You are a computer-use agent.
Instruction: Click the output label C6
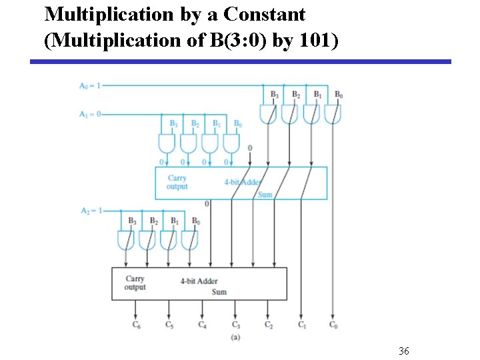click(x=137, y=325)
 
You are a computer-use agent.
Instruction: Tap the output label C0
click(x=333, y=325)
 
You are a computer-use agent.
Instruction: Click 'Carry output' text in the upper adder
click(x=177, y=182)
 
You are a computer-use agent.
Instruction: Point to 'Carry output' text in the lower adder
click(x=135, y=283)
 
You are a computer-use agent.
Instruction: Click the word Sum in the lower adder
click(x=219, y=292)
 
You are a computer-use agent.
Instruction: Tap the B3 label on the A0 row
click(x=274, y=95)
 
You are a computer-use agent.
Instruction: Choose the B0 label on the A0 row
click(x=339, y=95)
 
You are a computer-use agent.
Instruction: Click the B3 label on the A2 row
click(x=132, y=221)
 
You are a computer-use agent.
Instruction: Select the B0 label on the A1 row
click(x=237, y=124)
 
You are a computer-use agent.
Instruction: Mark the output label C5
click(x=169, y=325)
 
